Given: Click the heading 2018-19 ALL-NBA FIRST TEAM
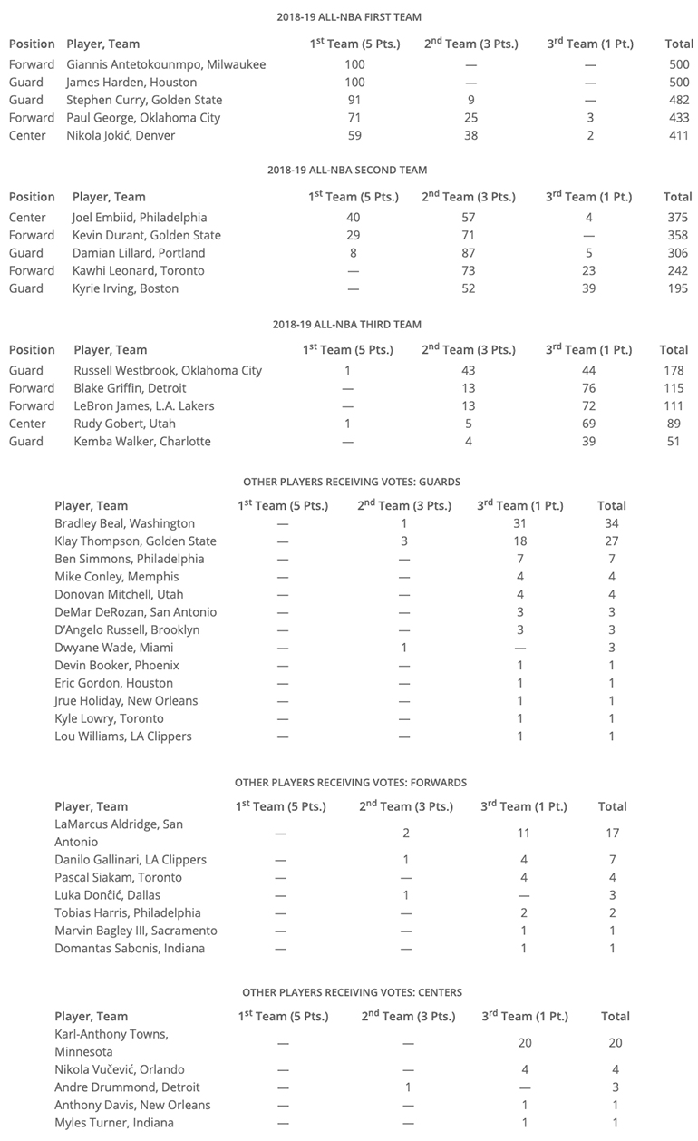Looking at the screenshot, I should pos(349,17).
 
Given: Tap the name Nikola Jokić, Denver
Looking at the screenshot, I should pos(121,136).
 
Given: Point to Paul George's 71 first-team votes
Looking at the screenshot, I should pos(354,118).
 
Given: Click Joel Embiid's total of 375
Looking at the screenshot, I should pos(676,218).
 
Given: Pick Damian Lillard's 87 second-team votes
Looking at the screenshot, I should pos(469,253).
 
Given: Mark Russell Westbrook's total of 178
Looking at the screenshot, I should pos(674,371).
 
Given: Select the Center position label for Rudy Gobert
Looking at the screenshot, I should pos(27,424).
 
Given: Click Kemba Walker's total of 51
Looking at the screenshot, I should pos(674,442).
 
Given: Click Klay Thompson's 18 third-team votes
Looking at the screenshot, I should pos(520,541).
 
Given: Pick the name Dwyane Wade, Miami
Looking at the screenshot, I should pos(113,648).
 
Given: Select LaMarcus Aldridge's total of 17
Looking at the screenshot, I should pos(613,833).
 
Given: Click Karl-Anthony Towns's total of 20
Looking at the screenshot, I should pos(616,1043).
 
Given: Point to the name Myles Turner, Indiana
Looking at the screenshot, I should pos(115,1123).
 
